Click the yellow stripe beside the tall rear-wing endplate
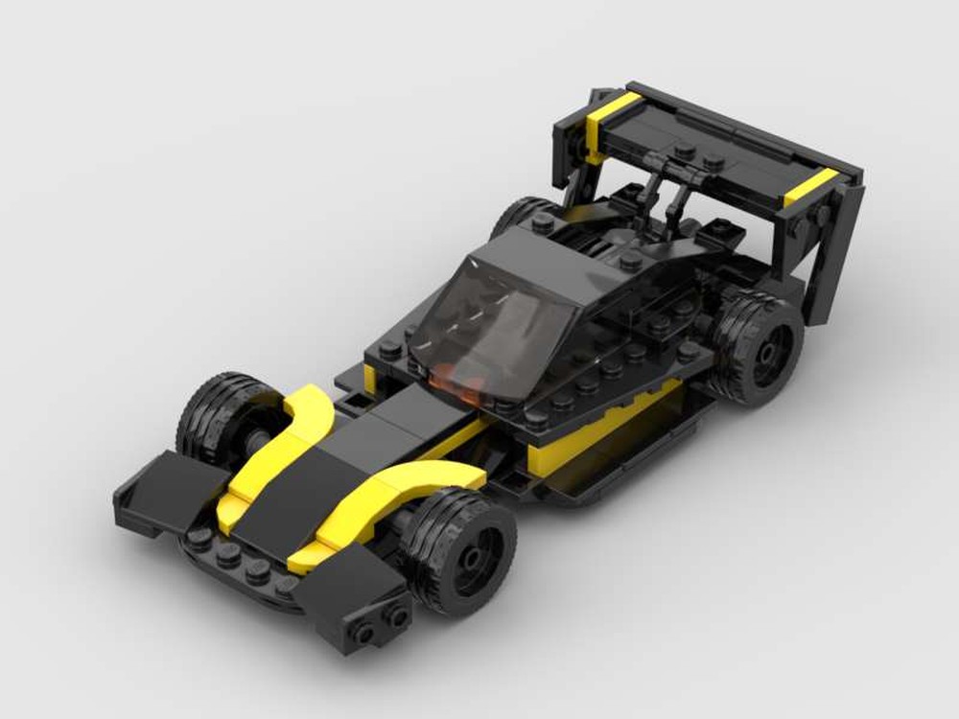[x=811, y=186]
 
